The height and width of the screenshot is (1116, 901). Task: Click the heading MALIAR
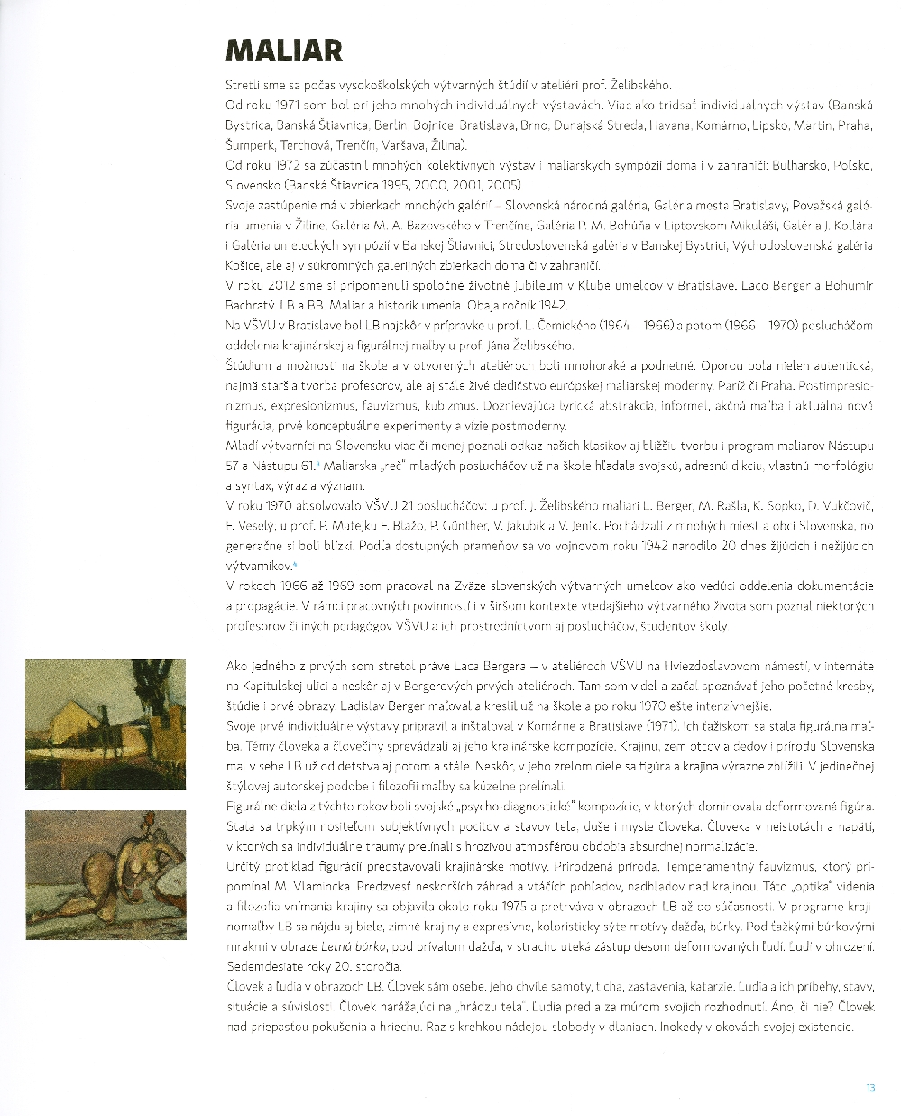pyautogui.click(x=283, y=51)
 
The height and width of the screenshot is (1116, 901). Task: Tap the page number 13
pyautogui.click(x=870, y=1087)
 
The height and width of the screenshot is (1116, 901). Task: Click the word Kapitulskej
pyautogui.click(x=270, y=687)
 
